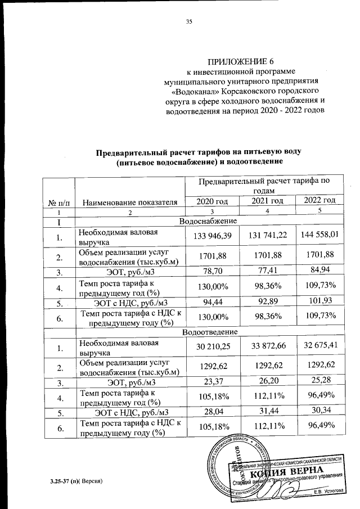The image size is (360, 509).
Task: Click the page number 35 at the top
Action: (x=189, y=22)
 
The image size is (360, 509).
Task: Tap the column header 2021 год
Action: (x=267, y=201)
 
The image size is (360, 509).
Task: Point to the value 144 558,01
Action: (x=319, y=234)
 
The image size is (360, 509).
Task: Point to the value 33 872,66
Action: (x=267, y=345)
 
